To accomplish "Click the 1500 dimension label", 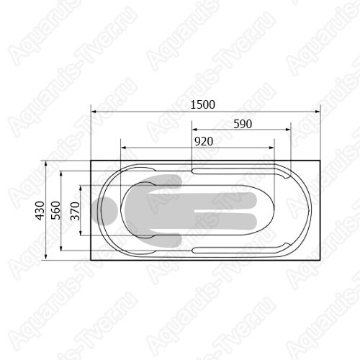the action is (x=202, y=104).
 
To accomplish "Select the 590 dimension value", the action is (x=243, y=124).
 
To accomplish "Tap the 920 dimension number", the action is (x=204, y=141).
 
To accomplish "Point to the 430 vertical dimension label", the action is (x=40, y=210).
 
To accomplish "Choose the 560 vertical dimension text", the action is (x=55, y=210).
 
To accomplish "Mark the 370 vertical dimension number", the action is (x=75, y=211).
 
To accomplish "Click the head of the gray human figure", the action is (x=104, y=211).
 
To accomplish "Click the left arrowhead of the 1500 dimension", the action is (x=94, y=112).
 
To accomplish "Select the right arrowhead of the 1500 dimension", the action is (x=318, y=112).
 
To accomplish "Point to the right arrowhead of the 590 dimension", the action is (x=288, y=130).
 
